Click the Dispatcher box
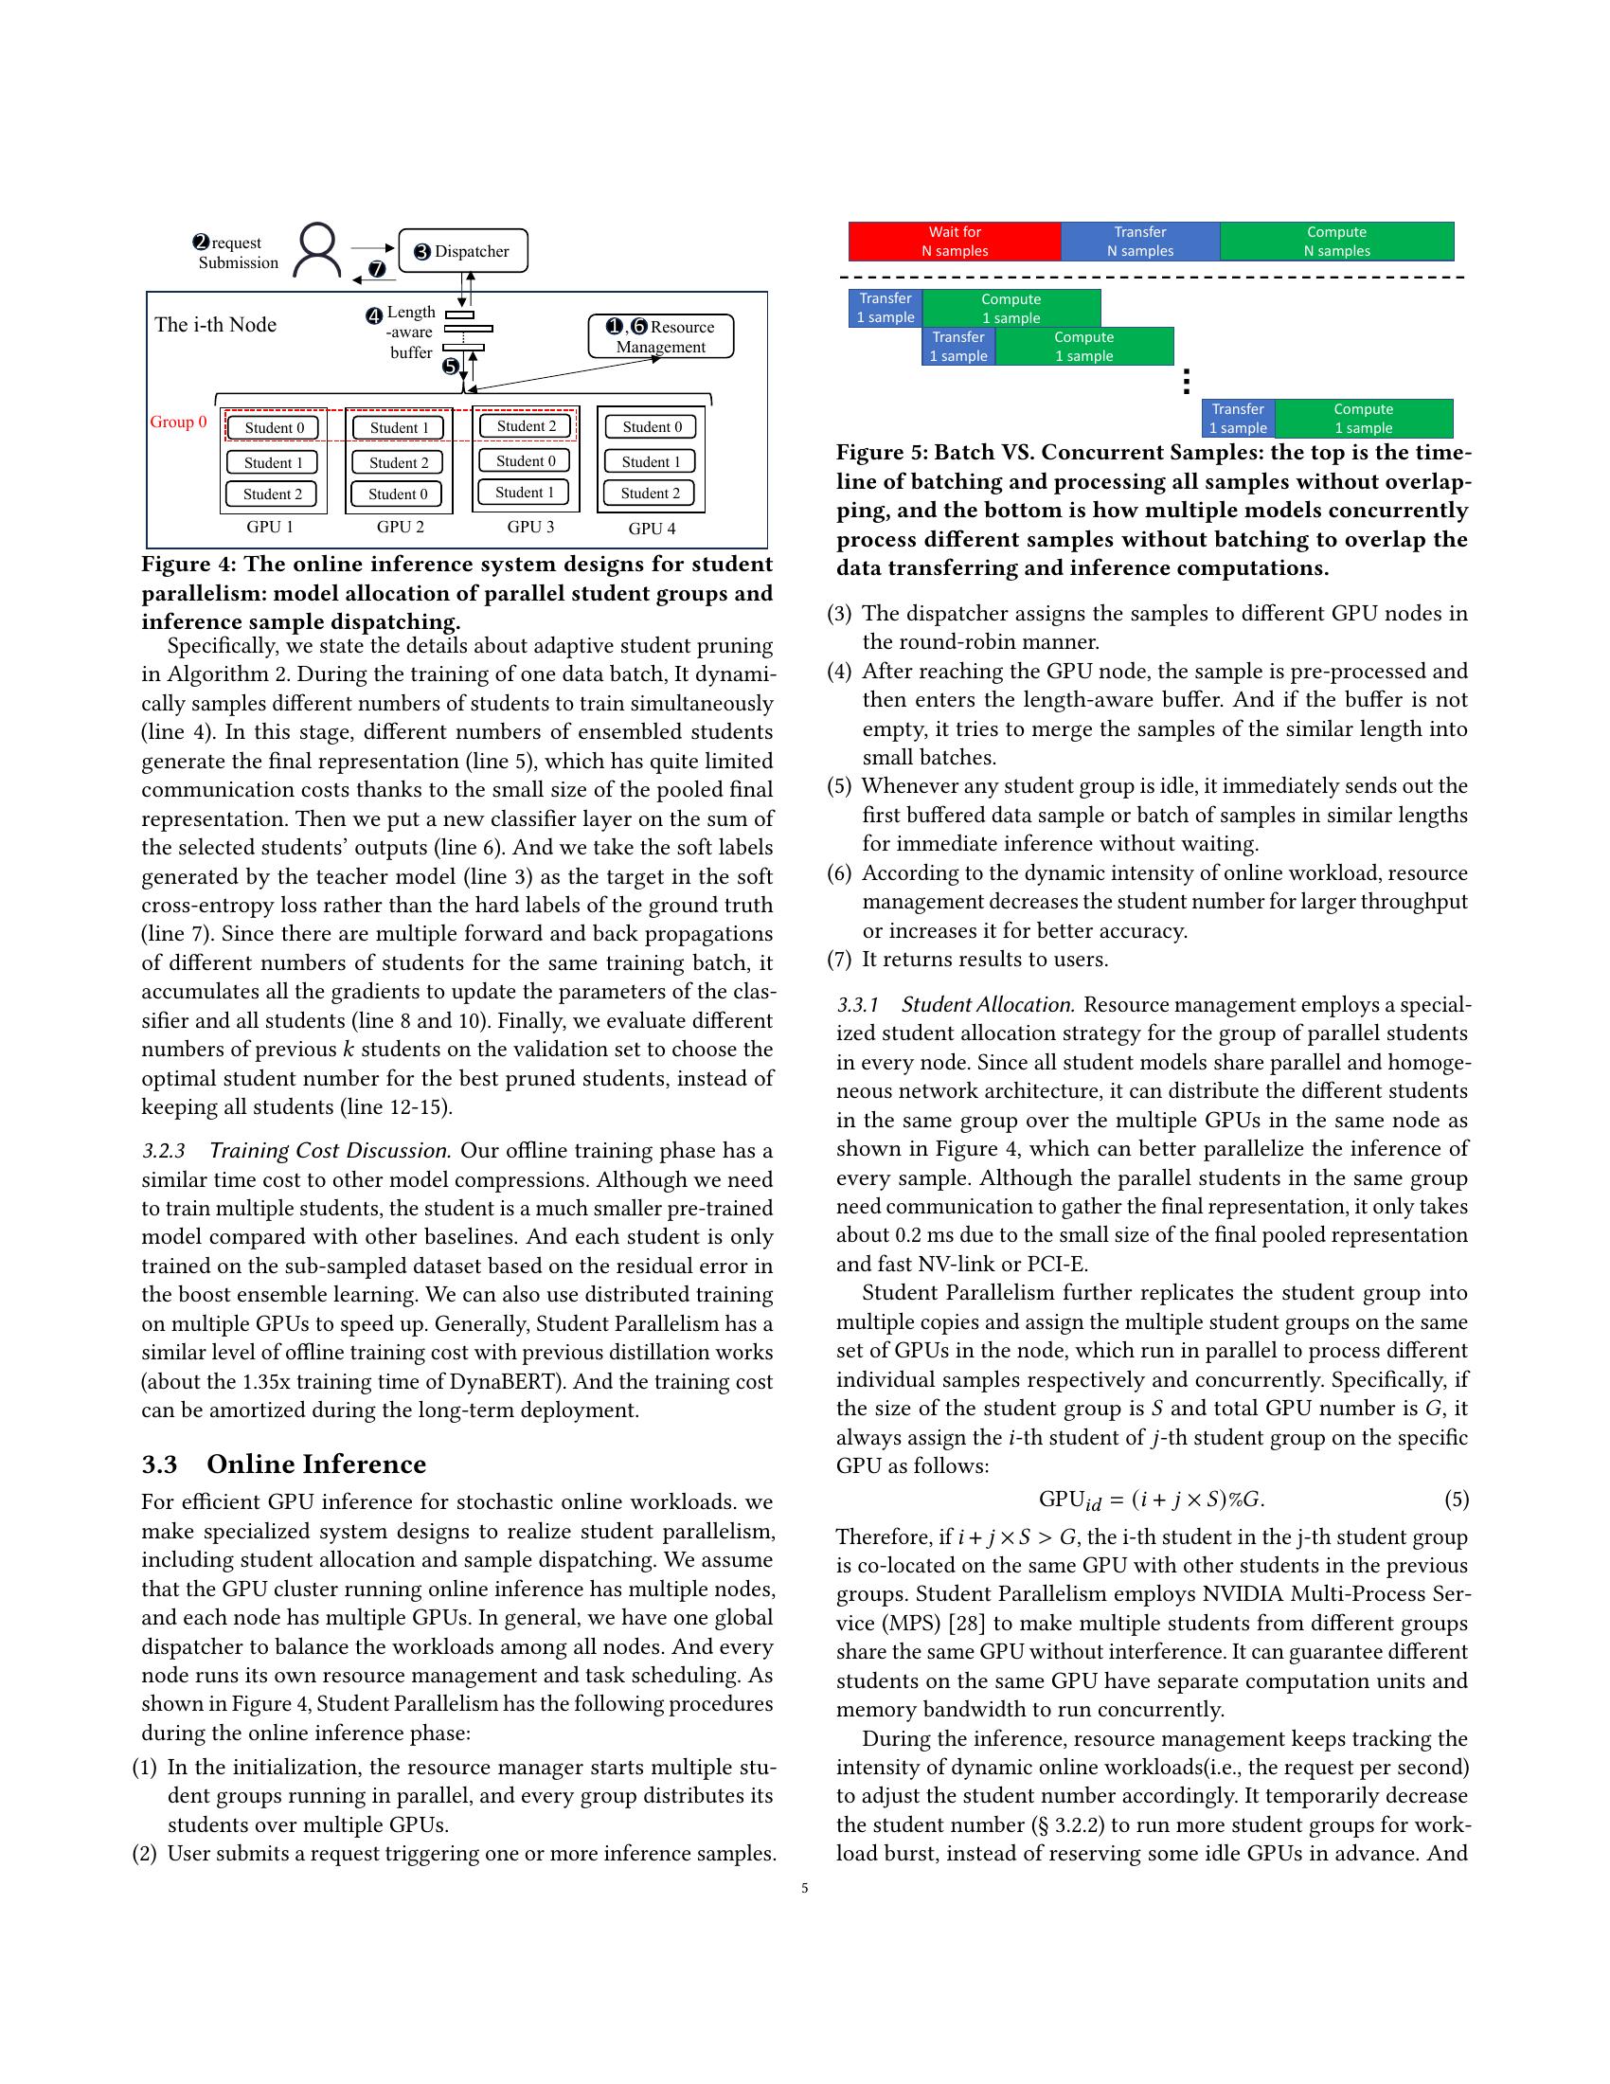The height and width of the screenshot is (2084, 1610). tap(462, 251)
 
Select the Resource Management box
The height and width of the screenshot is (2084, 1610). tap(660, 337)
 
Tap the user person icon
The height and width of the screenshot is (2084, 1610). tap(316, 250)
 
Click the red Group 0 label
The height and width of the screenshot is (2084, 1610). tap(178, 422)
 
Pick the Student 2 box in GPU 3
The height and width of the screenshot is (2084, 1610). tap(526, 426)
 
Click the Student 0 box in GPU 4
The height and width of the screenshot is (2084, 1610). tap(652, 427)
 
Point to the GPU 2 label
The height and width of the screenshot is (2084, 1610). tap(400, 527)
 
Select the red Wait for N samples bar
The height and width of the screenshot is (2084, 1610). tap(954, 242)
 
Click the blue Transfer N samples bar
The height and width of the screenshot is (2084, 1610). tap(1139, 242)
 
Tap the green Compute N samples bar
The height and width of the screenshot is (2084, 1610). tap(1336, 242)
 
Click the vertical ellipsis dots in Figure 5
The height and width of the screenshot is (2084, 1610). tap(1186, 382)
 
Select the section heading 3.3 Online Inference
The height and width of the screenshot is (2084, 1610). tap(283, 1464)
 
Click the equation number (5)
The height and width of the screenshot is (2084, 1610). tap(1456, 1500)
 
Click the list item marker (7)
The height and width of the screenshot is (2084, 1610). tap(839, 959)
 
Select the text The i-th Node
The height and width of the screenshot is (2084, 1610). tap(216, 324)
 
